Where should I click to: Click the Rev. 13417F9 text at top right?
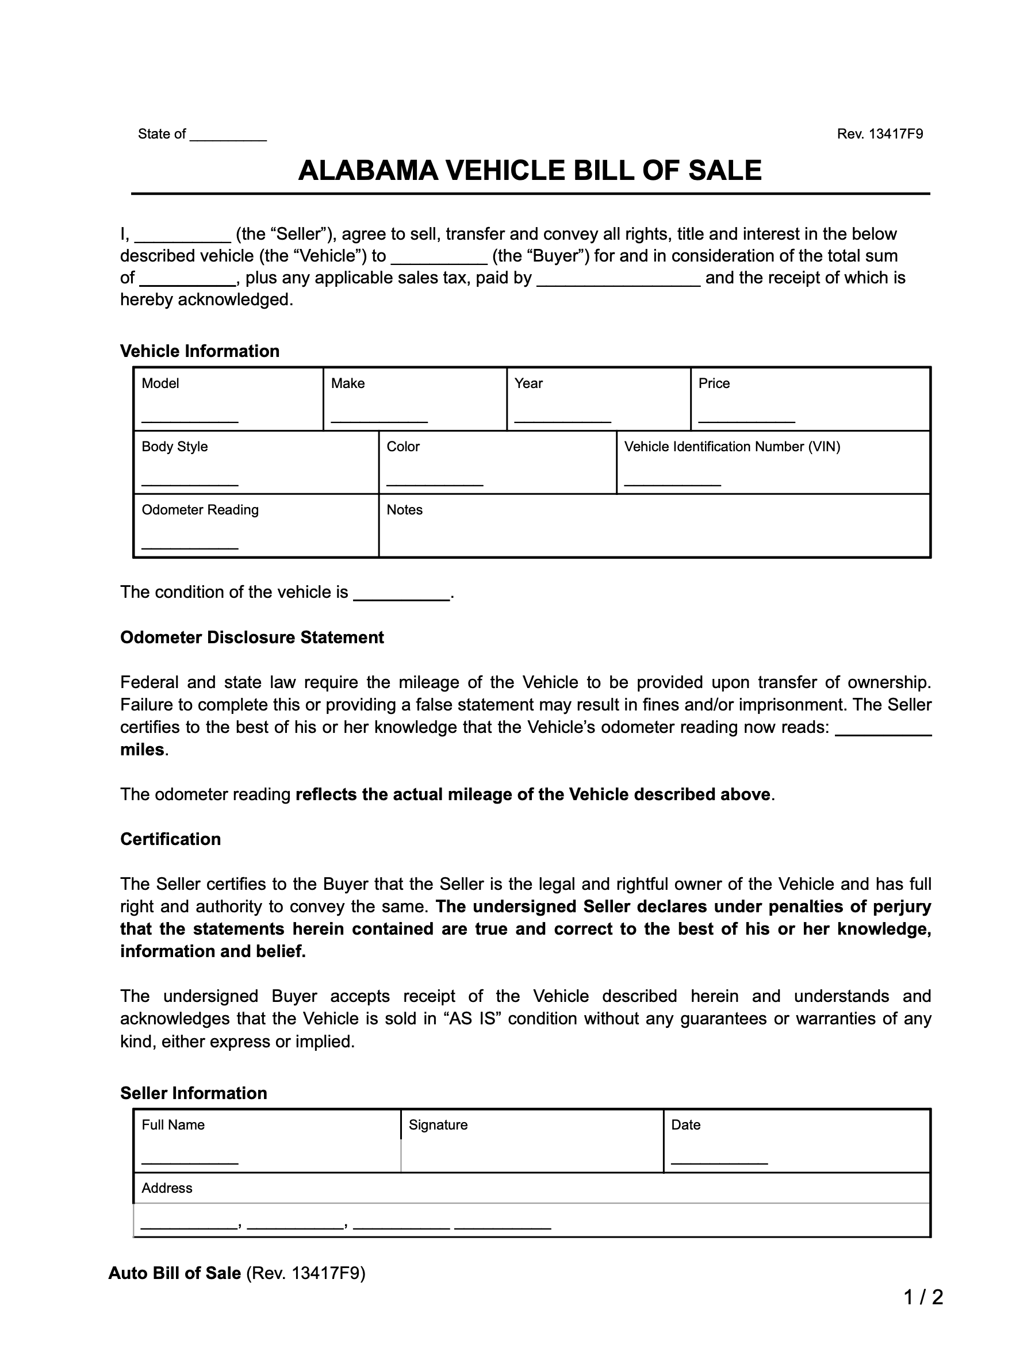(x=879, y=134)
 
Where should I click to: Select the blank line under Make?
(x=379, y=420)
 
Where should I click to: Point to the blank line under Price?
(x=746, y=420)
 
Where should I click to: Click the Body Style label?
(x=174, y=447)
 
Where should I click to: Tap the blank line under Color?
(x=434, y=483)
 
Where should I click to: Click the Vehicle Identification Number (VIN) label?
(x=732, y=447)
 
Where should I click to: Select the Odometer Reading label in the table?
(x=200, y=510)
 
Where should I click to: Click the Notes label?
(x=404, y=510)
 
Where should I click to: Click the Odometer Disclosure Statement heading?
(x=251, y=637)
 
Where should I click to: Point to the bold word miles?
(x=141, y=750)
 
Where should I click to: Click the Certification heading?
(x=170, y=839)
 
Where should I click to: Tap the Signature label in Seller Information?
(x=438, y=1125)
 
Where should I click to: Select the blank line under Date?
(x=719, y=1162)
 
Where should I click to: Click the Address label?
(x=166, y=1188)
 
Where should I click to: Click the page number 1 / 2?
(x=923, y=1298)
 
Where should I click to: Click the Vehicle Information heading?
(x=200, y=351)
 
